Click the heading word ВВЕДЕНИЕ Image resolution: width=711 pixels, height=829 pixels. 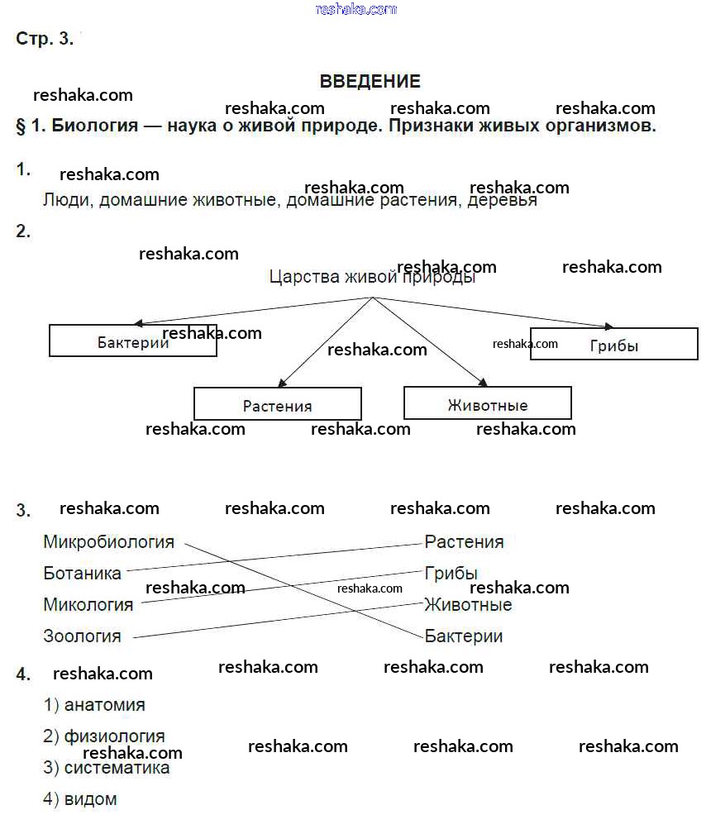tap(370, 81)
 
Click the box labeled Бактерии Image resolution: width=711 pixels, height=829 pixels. tap(133, 341)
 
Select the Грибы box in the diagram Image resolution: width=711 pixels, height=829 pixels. tap(613, 344)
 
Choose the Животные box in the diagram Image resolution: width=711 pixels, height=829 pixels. tap(488, 403)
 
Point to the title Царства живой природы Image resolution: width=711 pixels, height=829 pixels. tap(372, 277)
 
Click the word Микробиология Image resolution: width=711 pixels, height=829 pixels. tap(109, 542)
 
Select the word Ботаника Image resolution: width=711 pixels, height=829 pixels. tap(83, 573)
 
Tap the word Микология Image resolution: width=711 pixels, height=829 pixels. tap(88, 605)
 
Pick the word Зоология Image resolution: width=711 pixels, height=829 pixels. tap(83, 636)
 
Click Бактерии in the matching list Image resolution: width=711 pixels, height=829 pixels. tap(464, 636)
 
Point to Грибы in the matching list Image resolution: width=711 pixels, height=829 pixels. tap(451, 573)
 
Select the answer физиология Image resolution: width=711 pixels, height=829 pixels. tap(114, 736)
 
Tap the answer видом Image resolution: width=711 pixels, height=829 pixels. tap(90, 799)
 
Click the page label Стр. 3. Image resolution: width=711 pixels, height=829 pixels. tap(45, 39)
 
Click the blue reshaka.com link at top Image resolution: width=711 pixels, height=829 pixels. tap(356, 9)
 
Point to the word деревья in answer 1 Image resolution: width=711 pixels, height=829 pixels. tap(503, 200)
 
